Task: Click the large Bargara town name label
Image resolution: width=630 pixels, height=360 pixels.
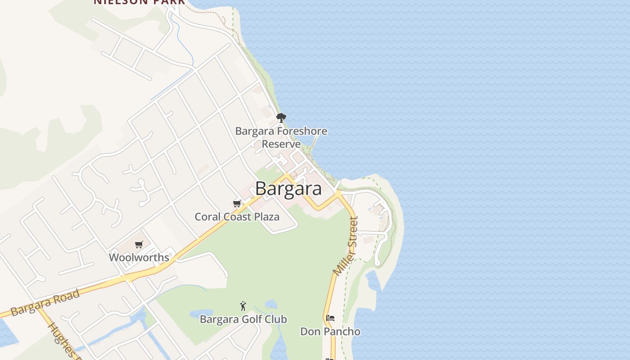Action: pyautogui.click(x=288, y=189)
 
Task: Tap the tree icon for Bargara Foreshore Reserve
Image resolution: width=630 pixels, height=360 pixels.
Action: pyautogui.click(x=281, y=118)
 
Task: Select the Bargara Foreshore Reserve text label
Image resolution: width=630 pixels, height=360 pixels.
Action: pyautogui.click(x=281, y=138)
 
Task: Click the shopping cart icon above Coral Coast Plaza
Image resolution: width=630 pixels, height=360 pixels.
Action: pyautogui.click(x=237, y=203)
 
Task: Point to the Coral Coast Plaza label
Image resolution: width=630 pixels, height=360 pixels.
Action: pyautogui.click(x=237, y=216)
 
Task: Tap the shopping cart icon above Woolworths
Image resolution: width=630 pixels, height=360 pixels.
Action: pyautogui.click(x=139, y=244)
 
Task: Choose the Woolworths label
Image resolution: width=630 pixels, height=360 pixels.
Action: pyautogui.click(x=139, y=257)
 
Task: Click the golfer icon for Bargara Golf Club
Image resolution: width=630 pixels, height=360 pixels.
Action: pyautogui.click(x=243, y=306)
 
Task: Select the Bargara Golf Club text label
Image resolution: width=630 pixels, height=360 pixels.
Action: pyautogui.click(x=243, y=319)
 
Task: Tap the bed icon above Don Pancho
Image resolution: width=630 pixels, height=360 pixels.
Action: pyautogui.click(x=330, y=318)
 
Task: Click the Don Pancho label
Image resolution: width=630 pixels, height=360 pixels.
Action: pyautogui.click(x=330, y=332)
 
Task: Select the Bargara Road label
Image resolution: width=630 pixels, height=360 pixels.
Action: pyautogui.click(x=45, y=303)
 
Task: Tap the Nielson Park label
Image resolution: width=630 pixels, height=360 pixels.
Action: pyautogui.click(x=139, y=2)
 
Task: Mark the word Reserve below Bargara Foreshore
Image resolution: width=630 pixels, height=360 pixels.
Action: pyautogui.click(x=281, y=144)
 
